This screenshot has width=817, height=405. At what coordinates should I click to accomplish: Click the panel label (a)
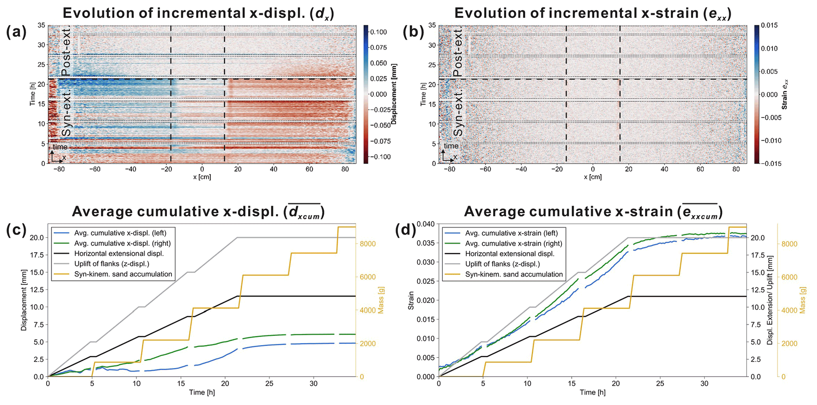(x=16, y=32)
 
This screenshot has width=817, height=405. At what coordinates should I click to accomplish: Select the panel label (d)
(x=406, y=230)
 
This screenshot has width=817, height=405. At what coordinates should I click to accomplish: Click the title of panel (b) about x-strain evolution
(x=593, y=13)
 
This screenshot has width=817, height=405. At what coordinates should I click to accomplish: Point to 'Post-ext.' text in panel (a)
(x=66, y=51)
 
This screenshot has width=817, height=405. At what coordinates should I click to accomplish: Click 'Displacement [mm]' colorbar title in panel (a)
(x=394, y=94)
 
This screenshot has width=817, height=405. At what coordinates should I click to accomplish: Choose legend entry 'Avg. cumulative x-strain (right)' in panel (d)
(x=513, y=243)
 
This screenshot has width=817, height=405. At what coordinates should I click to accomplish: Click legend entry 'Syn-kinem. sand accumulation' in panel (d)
(x=514, y=274)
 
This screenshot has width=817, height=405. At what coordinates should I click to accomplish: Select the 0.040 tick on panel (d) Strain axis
(x=426, y=224)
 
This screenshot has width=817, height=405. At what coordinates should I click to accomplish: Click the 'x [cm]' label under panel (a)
(x=202, y=177)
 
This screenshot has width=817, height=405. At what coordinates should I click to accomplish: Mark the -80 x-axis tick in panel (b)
(x=449, y=169)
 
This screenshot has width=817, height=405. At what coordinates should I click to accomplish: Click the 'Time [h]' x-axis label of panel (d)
(x=592, y=392)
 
